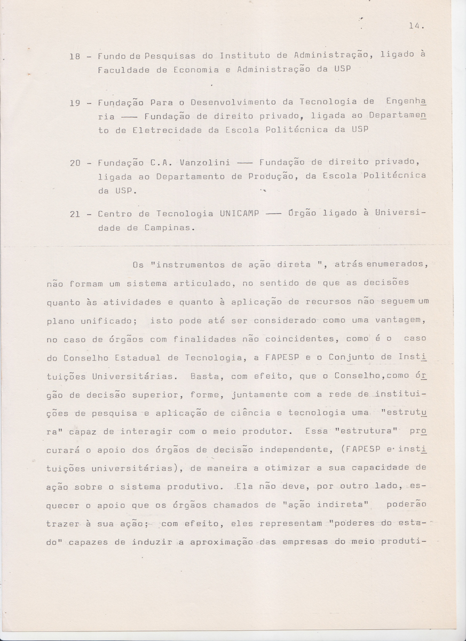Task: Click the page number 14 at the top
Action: coord(416,25)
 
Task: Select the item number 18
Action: coord(75,56)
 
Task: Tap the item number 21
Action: coord(75,214)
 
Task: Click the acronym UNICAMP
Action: coord(239,214)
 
